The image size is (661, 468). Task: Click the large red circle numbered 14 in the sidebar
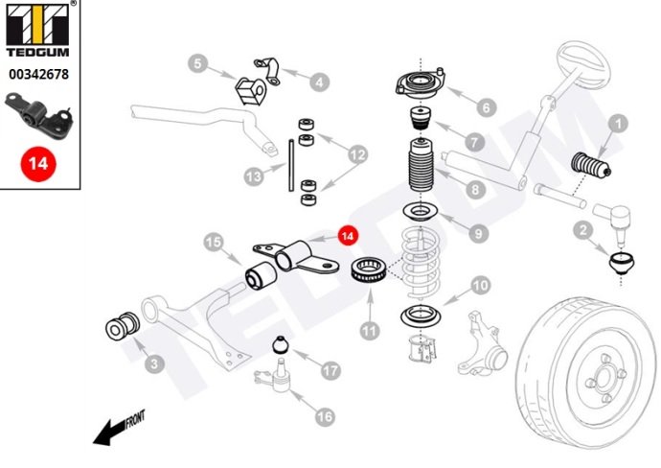coord(38,163)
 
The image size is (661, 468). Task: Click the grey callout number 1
coord(619,123)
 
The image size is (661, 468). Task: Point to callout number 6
coord(485,108)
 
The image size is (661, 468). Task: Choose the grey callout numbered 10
coord(480,285)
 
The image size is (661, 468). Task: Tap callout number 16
coord(324,416)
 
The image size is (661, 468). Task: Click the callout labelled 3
coord(152,363)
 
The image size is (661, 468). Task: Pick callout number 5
coord(197,64)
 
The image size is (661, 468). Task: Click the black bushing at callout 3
coord(123,325)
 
